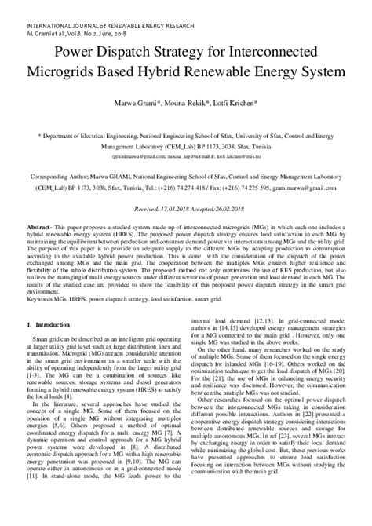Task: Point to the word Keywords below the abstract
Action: tap(41, 299)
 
